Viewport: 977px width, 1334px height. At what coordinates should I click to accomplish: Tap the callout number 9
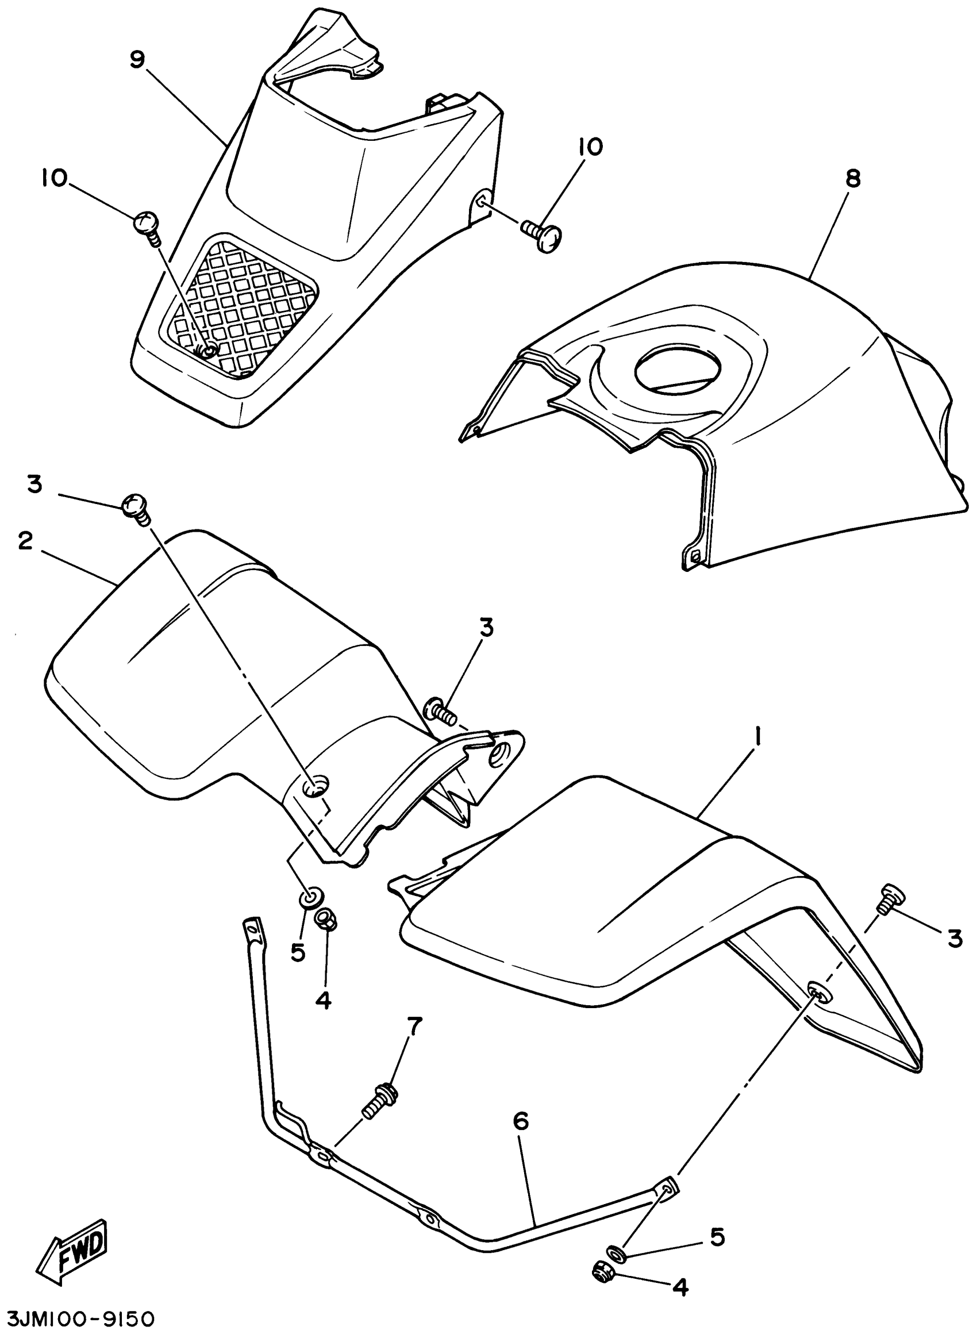coord(137,60)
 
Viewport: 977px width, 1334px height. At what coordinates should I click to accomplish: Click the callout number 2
coord(24,540)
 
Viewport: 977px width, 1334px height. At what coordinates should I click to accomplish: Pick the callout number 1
coord(759,739)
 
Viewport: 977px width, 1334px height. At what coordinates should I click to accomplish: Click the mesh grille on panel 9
coord(243,305)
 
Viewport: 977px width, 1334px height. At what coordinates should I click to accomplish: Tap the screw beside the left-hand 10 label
coord(145,225)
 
